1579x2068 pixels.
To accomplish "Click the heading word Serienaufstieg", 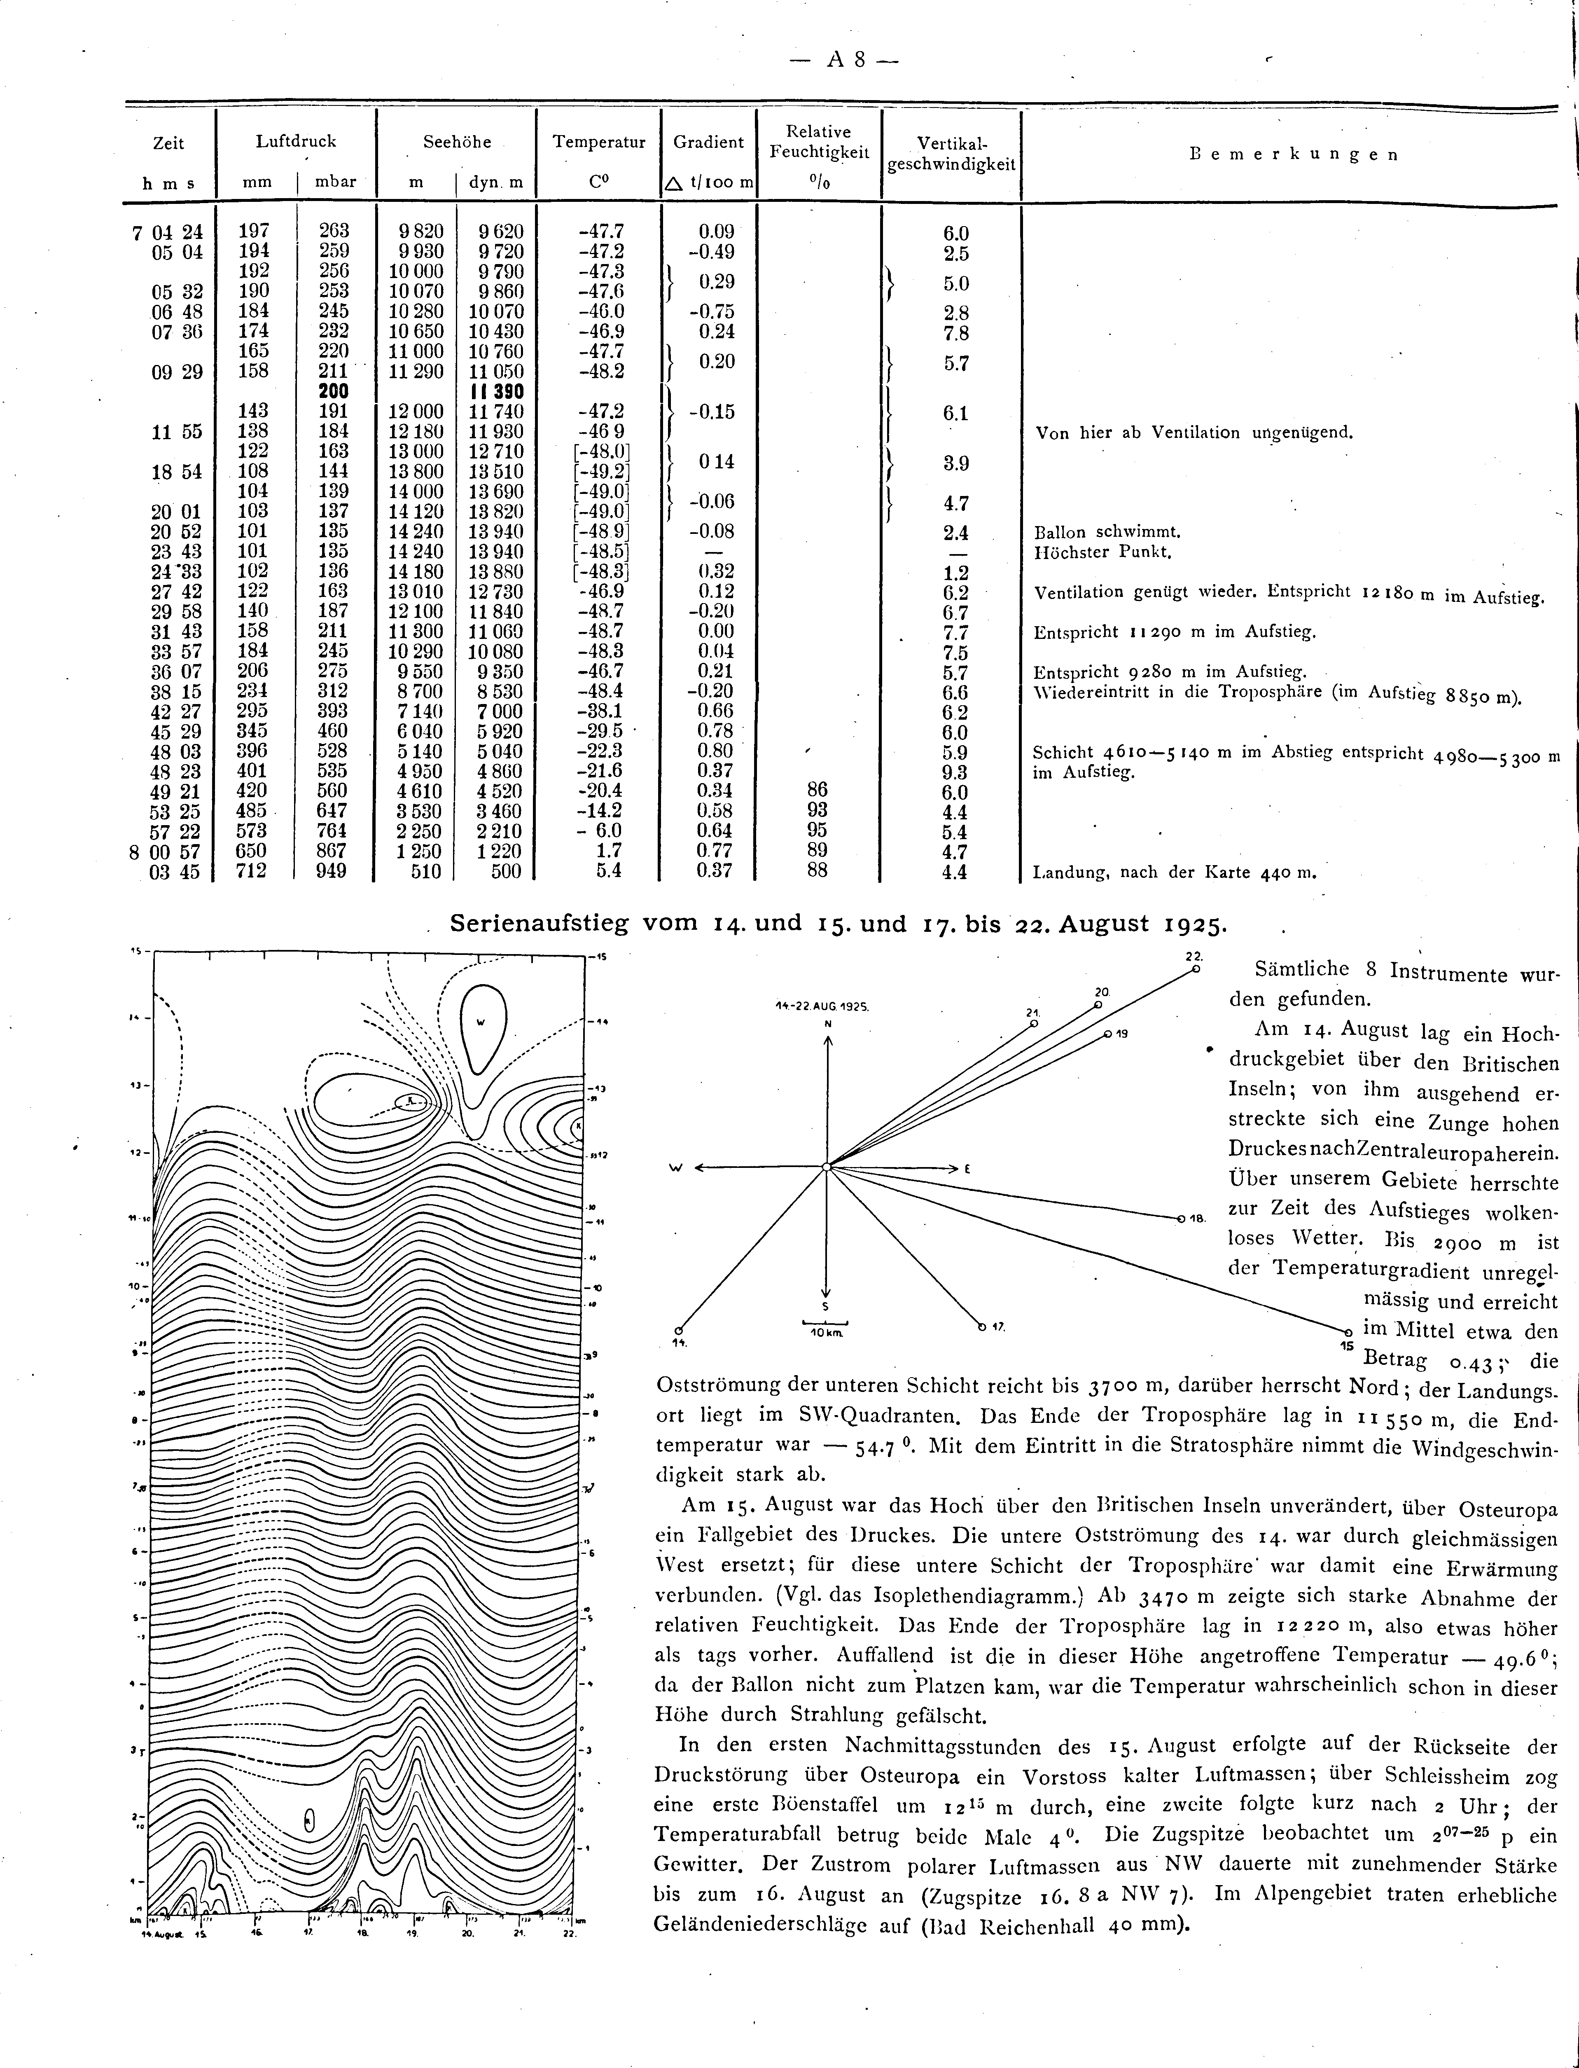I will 539,923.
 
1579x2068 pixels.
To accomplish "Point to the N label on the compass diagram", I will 827,1023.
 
